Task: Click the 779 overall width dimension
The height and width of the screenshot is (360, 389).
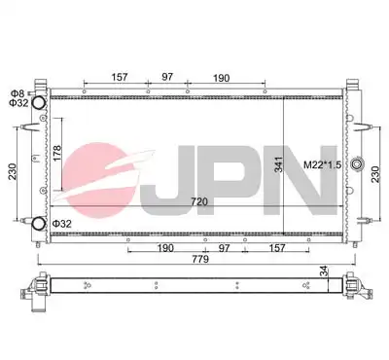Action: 200,259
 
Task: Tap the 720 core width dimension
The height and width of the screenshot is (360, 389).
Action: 199,201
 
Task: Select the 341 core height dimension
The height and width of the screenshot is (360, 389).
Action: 279,164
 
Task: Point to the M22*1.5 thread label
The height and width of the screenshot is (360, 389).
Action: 323,164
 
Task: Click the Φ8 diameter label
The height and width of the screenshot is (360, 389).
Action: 18,93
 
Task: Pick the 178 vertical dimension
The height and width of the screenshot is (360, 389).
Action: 56,154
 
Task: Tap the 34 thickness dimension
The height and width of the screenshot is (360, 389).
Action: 324,271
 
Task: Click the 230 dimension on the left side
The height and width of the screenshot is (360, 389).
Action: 12,172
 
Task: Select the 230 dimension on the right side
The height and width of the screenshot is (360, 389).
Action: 375,174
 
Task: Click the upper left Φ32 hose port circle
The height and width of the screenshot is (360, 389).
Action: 39,102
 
